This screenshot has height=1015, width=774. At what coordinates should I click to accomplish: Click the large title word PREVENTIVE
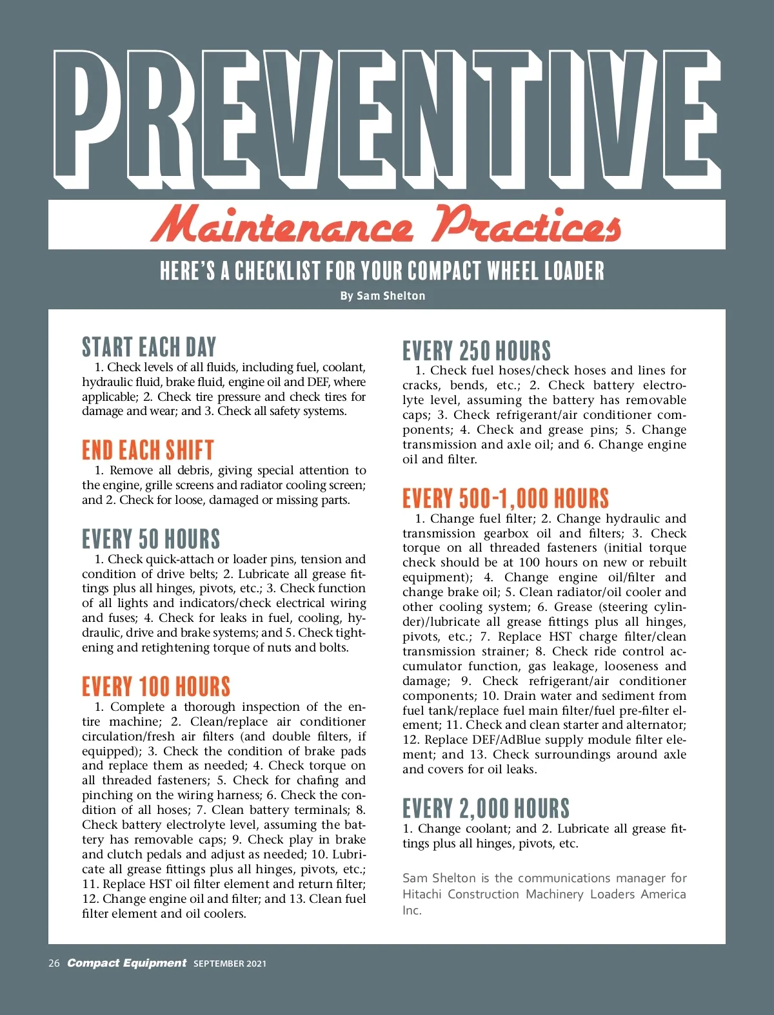point(387,116)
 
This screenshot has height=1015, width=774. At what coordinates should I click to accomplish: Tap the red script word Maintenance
point(282,226)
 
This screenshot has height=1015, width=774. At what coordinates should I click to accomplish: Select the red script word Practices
point(527,225)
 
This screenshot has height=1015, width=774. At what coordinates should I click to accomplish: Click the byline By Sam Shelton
point(382,296)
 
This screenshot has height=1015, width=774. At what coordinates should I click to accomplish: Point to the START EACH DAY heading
point(149,347)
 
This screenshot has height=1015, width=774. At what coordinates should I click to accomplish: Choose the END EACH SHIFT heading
point(148,450)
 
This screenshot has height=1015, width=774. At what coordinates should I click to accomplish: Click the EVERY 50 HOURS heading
point(151,539)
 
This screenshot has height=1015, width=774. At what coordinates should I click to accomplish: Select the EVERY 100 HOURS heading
point(156,686)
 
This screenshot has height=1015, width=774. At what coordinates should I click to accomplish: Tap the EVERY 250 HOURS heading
point(477,351)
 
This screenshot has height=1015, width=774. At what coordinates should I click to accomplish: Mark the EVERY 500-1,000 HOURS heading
point(506,499)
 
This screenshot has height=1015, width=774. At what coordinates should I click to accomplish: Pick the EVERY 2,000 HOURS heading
point(486,809)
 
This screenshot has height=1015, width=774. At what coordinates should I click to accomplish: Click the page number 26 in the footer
point(54,963)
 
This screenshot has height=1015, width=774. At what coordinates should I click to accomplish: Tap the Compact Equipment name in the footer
point(127,963)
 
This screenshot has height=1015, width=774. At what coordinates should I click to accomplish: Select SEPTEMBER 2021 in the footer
point(230,964)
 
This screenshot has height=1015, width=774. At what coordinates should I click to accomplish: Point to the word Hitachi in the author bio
point(422,894)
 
